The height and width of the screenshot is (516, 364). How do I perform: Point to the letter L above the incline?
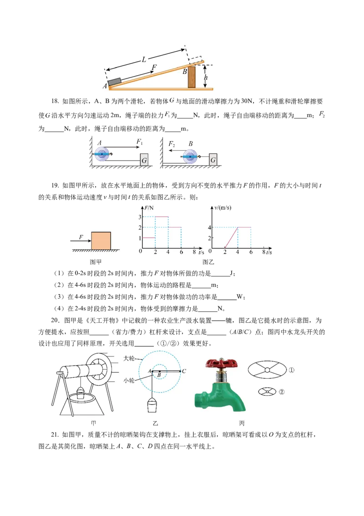[x=144, y=60]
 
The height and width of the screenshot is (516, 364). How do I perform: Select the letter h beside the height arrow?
[x=206, y=77]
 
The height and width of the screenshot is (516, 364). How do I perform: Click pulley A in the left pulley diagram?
[x=102, y=154]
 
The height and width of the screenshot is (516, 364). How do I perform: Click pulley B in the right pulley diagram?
[x=190, y=156]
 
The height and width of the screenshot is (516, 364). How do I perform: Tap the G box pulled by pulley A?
[x=144, y=160]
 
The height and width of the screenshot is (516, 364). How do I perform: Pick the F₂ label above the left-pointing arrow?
[x=172, y=144]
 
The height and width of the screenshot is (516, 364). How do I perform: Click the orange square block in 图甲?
[x=101, y=241]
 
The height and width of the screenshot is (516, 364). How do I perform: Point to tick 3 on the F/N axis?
[x=140, y=217]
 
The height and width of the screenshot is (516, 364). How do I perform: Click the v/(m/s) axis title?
[x=223, y=208]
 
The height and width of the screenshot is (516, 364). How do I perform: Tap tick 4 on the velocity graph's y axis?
[x=209, y=227]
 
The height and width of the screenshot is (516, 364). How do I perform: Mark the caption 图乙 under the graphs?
[x=208, y=262]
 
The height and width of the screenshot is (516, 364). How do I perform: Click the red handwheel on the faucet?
[x=222, y=363]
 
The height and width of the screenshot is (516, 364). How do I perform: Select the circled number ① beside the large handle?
[x=291, y=370]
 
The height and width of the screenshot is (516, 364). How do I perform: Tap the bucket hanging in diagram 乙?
[x=152, y=405]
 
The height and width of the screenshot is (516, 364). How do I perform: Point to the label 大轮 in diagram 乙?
[x=129, y=358]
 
